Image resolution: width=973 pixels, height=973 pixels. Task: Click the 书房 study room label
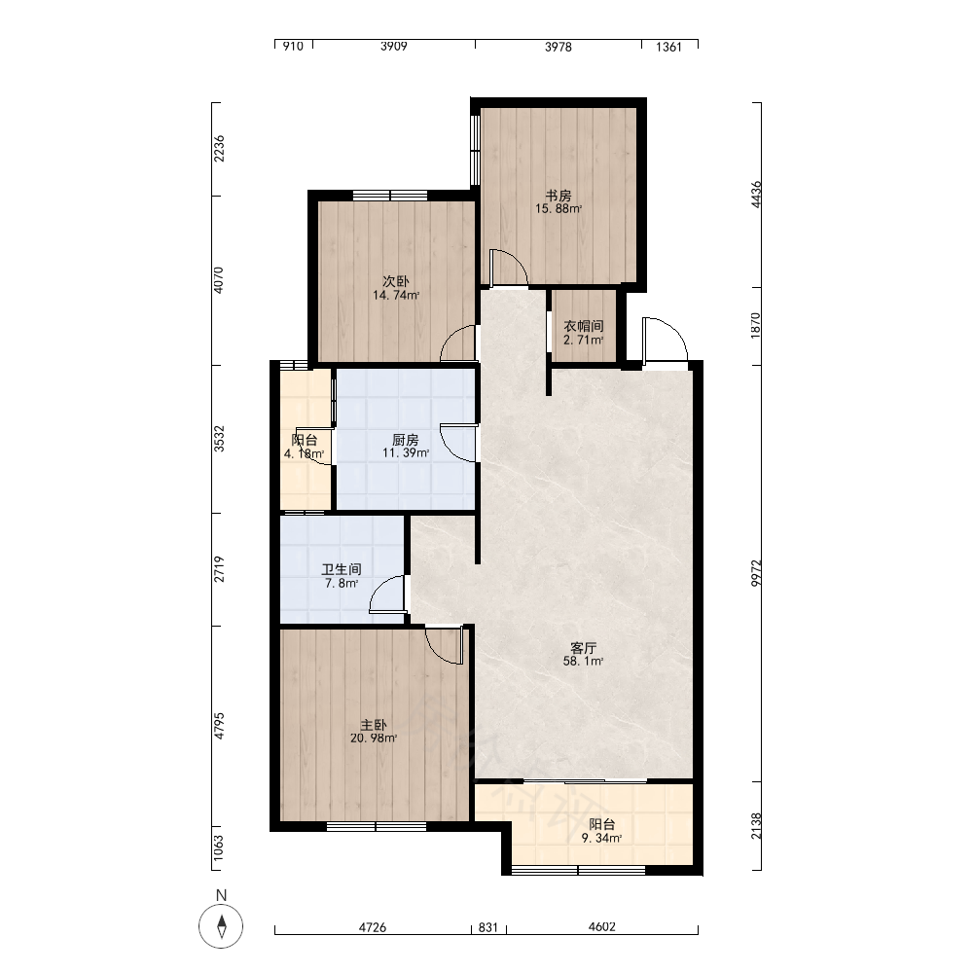pyautogui.click(x=559, y=196)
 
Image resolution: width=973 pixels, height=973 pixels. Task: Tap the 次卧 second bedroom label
pyautogui.click(x=396, y=282)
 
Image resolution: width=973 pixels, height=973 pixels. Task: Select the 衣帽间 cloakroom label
pyautogui.click(x=583, y=326)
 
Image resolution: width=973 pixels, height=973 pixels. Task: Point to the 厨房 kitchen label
pyautogui.click(x=405, y=440)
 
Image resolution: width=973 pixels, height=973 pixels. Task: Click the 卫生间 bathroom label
pyautogui.click(x=342, y=569)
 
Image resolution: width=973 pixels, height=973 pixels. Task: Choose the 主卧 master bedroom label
pyautogui.click(x=374, y=725)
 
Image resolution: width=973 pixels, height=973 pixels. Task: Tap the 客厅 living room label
pyautogui.click(x=583, y=648)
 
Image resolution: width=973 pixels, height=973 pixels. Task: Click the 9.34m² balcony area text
pyautogui.click(x=602, y=839)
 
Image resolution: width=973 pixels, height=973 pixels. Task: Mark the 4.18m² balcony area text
pyautogui.click(x=304, y=453)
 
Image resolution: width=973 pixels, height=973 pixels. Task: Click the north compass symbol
pyautogui.click(x=221, y=926)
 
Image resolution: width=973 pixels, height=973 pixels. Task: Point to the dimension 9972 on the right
pyautogui.click(x=756, y=573)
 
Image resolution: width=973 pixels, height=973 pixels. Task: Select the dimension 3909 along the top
pyautogui.click(x=393, y=46)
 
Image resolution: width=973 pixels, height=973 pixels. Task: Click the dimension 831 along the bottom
pyautogui.click(x=488, y=927)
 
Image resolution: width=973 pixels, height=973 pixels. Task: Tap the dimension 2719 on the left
pyautogui.click(x=219, y=569)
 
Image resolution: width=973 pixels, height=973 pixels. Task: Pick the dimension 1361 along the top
pyautogui.click(x=669, y=47)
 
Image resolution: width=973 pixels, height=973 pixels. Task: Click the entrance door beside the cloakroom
pyautogui.click(x=666, y=340)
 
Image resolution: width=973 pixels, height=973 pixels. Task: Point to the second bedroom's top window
pyautogui.click(x=390, y=195)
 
